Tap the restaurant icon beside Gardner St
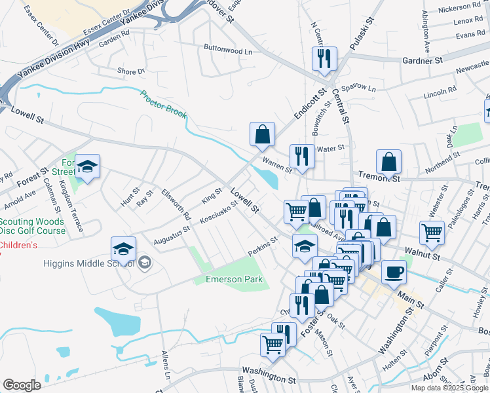tap(324, 59)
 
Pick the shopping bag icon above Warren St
tap(262, 134)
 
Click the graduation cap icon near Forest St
tap(87, 167)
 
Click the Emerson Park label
tap(234, 280)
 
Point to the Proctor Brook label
tap(163, 105)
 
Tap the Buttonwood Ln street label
tap(228, 50)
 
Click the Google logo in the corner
tap(22, 384)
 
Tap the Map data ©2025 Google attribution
tap(449, 388)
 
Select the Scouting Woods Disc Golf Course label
tap(33, 226)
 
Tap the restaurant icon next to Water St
tap(302, 157)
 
